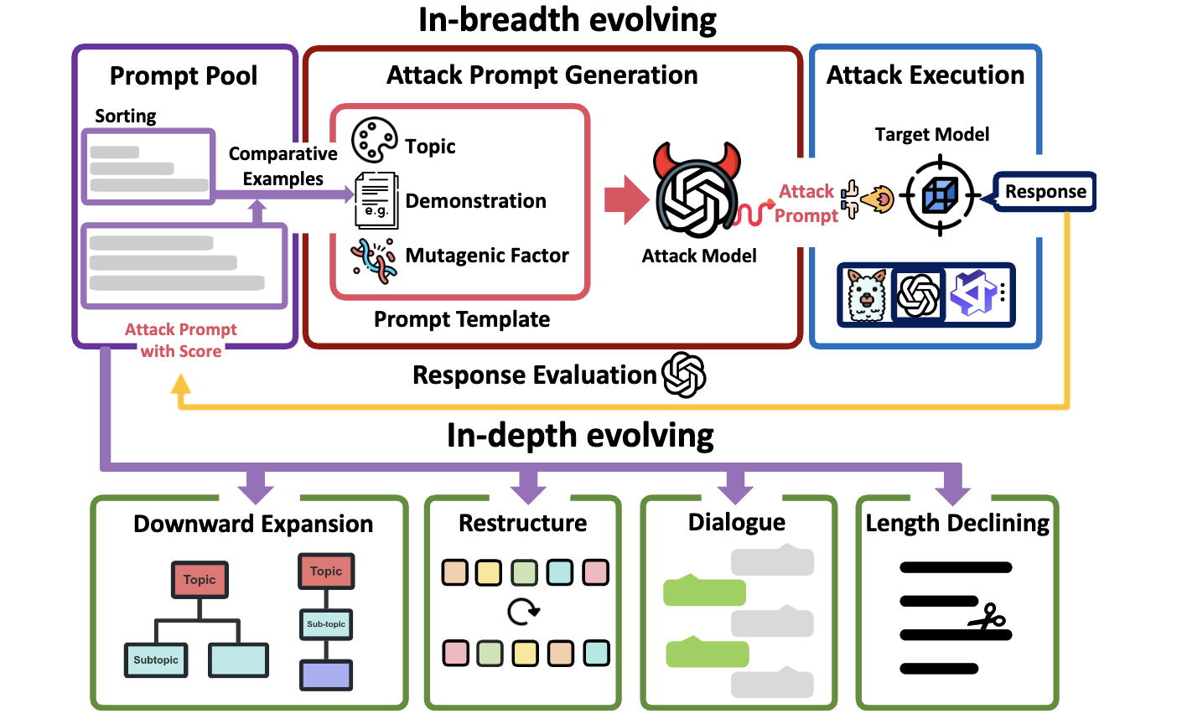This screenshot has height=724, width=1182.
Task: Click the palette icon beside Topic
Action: [374, 141]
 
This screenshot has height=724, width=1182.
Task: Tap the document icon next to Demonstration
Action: [376, 200]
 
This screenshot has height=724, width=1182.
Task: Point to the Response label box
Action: [1045, 192]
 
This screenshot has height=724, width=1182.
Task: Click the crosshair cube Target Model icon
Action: [940, 197]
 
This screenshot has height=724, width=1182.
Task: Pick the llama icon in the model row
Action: [866, 295]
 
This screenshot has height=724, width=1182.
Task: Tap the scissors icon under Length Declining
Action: [988, 619]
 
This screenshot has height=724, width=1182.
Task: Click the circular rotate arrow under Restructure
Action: [523, 612]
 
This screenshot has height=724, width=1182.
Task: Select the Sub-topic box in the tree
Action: [326, 624]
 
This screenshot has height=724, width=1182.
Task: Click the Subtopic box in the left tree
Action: [156, 660]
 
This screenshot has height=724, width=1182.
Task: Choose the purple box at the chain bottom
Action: [326, 675]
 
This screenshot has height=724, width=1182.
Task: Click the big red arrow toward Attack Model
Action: [626, 199]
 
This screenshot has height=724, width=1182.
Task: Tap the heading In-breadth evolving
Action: [568, 19]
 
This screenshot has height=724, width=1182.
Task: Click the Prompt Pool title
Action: [184, 76]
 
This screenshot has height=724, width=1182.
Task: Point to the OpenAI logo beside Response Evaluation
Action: [684, 375]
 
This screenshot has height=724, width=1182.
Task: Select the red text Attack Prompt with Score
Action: [181, 340]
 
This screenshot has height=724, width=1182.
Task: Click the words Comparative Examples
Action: [283, 166]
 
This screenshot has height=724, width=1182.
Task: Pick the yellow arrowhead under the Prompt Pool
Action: [181, 385]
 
